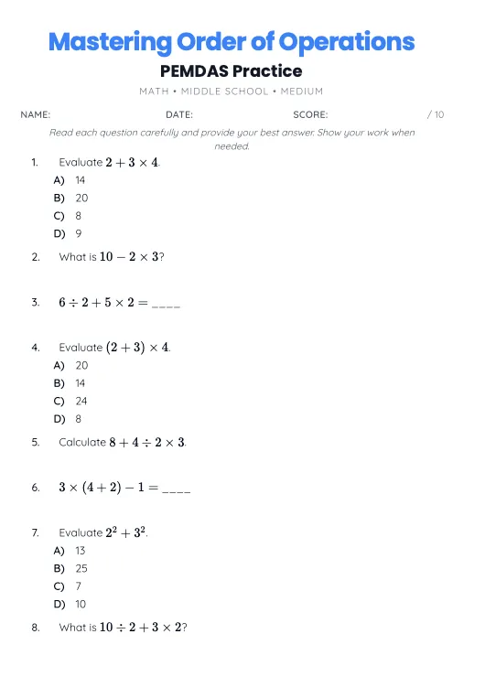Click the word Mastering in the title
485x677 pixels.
108,42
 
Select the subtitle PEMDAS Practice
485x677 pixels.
231,70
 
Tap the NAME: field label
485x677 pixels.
36,114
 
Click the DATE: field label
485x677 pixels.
179,114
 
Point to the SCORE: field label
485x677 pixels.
310,114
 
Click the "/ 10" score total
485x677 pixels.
436,114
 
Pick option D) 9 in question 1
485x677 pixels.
69,233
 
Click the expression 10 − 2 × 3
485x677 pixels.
129,257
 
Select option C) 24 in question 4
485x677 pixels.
71,401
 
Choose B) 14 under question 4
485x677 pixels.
70,383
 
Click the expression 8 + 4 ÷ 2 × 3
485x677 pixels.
147,442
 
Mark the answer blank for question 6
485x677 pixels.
176,489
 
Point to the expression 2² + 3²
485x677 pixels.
127,532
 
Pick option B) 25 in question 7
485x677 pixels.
71,568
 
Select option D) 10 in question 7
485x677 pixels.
70,604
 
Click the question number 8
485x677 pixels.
35,628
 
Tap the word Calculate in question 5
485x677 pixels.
82,442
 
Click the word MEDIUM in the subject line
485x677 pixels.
301,91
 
